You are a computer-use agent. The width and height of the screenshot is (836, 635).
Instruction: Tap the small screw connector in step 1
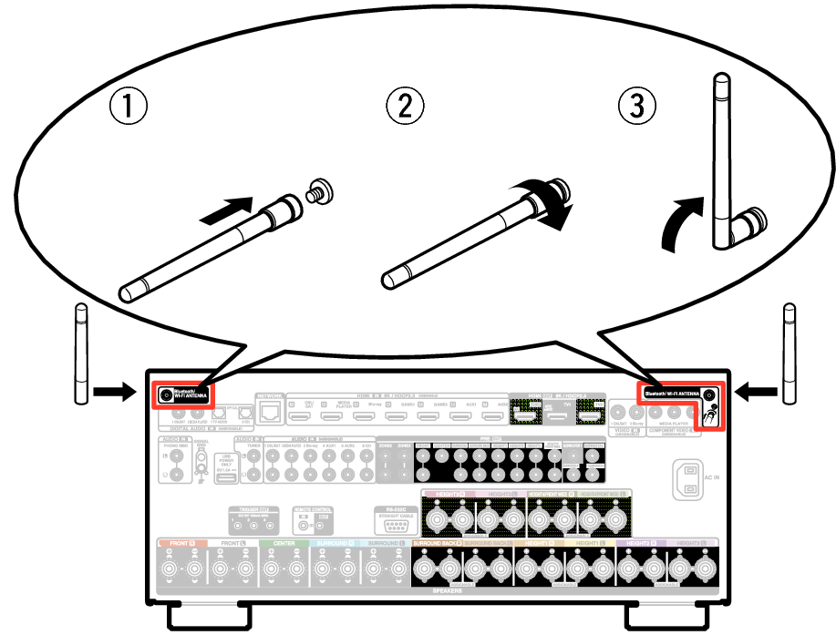[320, 192]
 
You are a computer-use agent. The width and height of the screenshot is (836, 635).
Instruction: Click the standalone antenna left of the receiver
[79, 354]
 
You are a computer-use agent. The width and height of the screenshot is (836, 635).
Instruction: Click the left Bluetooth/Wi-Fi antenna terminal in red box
[166, 394]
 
